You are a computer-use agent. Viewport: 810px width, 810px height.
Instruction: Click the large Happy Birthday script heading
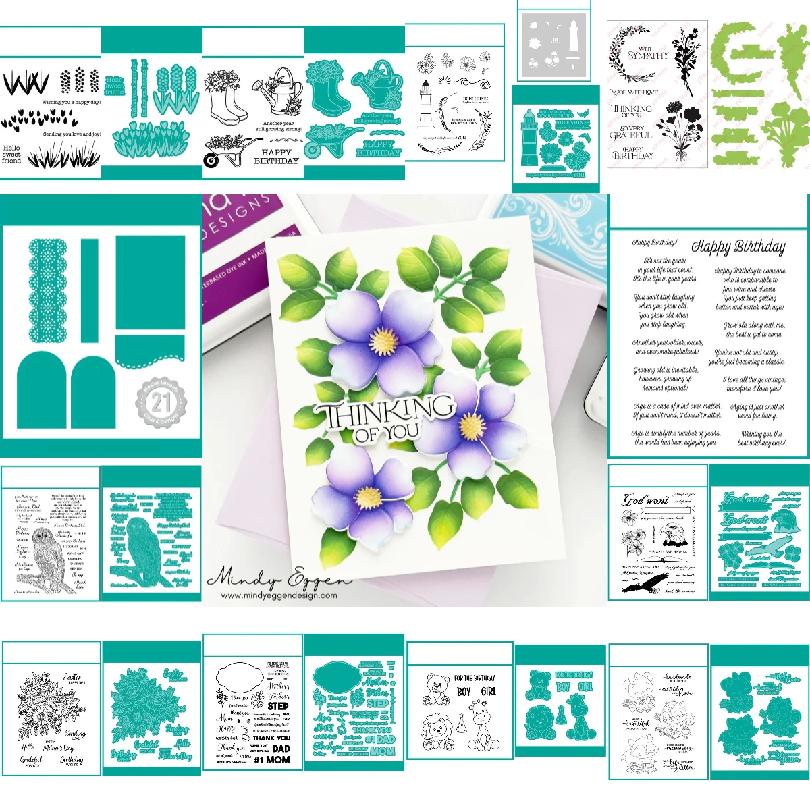click(738, 246)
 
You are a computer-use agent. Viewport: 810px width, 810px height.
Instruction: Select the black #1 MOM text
click(272, 760)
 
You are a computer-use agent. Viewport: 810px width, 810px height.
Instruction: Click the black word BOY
click(464, 692)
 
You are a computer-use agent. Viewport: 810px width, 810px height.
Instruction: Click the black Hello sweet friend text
click(11, 154)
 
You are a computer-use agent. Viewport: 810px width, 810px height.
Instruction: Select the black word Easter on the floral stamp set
click(72, 677)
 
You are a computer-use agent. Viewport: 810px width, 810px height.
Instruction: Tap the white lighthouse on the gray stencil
click(573, 38)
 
